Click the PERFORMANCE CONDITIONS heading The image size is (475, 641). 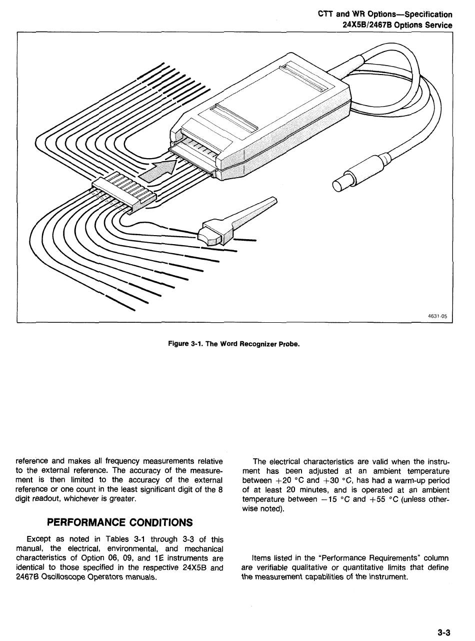(x=119, y=522)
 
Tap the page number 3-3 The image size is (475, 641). (x=444, y=632)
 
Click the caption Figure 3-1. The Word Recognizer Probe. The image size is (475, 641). (x=233, y=344)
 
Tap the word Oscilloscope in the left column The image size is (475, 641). (x=62, y=577)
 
